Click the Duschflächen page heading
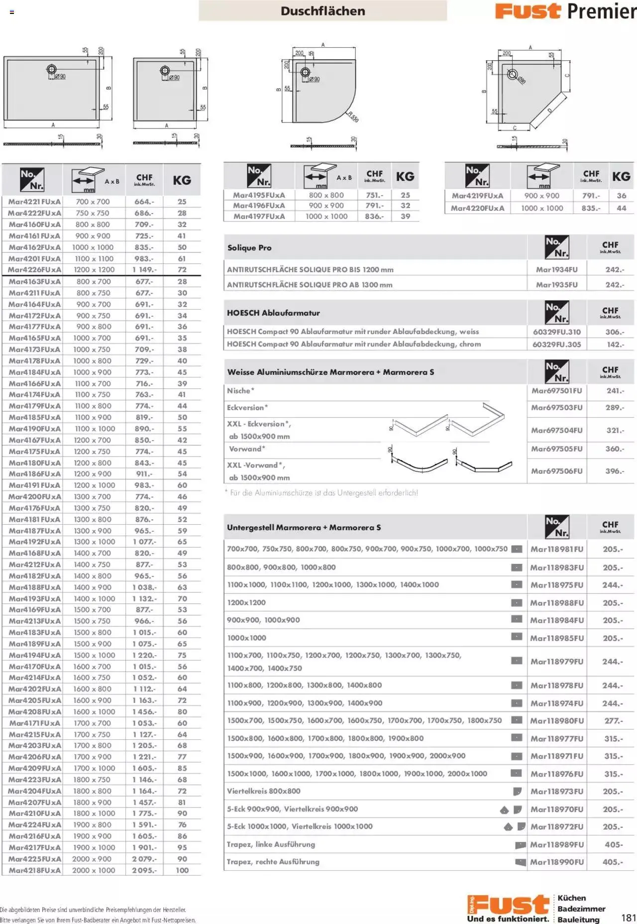[322, 11]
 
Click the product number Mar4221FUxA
[34, 202]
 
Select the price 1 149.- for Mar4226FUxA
[144, 270]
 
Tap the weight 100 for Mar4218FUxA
[182, 870]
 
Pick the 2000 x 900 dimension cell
[94, 859]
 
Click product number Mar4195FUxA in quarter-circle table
[259, 195]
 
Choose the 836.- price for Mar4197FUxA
[374, 217]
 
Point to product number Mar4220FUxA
[477, 208]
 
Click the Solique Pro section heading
[249, 248]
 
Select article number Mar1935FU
[556, 285]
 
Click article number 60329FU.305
[556, 344]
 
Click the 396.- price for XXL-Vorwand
[615, 470]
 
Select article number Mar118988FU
[556, 603]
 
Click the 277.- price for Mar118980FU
[613, 720]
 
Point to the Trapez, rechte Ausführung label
[273, 862]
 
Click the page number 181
[629, 918]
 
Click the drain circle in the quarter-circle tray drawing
[306, 73]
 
